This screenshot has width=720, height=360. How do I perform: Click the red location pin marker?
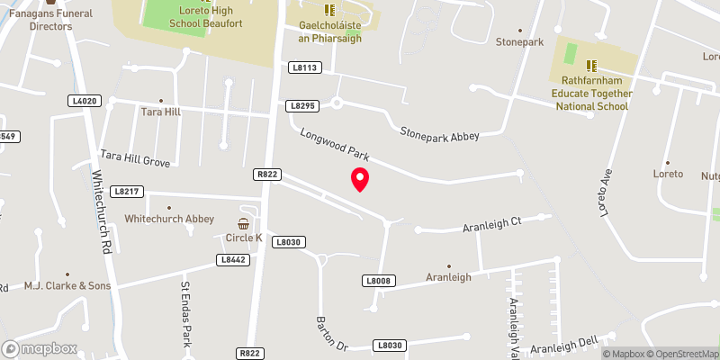pyautogui.click(x=360, y=179)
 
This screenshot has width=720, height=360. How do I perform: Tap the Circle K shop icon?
pyautogui.click(x=244, y=223)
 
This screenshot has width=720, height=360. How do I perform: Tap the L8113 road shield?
pyautogui.click(x=305, y=67)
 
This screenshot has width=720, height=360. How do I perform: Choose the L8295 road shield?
pyautogui.click(x=303, y=106)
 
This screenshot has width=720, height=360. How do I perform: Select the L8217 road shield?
pyautogui.click(x=126, y=192)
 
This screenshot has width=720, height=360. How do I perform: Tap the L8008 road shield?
pyautogui.click(x=379, y=282)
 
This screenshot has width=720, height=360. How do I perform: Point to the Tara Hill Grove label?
pyautogui.click(x=135, y=159)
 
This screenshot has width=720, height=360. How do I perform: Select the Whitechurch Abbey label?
pyautogui.click(x=169, y=219)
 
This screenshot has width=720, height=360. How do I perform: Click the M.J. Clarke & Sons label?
pyautogui.click(x=67, y=286)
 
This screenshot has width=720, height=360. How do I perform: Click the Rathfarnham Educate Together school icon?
pyautogui.click(x=591, y=66)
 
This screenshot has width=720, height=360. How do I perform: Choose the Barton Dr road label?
pyautogui.click(x=330, y=332)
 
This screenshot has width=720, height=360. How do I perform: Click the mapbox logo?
pyautogui.click(x=40, y=348)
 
